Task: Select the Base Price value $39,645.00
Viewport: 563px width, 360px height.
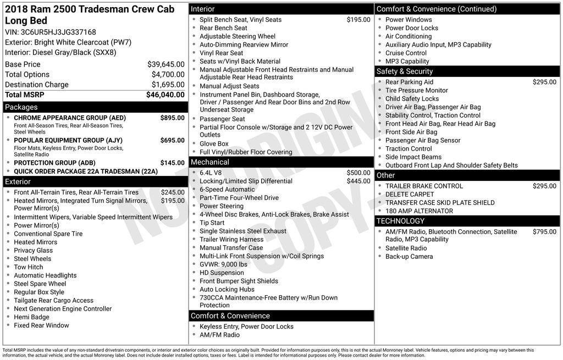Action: (165, 64)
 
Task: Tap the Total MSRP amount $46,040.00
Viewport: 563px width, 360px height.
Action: (165, 95)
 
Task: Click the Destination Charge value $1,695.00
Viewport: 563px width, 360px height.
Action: (168, 85)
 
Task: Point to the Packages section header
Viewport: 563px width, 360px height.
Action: (21, 107)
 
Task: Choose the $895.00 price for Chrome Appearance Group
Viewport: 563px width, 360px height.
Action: (172, 118)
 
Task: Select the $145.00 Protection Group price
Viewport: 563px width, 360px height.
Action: (172, 163)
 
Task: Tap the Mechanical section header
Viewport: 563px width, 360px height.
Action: (209, 162)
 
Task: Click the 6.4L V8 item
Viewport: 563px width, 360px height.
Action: (211, 173)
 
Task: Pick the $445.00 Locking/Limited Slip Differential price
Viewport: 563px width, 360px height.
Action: (358, 181)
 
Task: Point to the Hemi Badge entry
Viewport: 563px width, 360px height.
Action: (31, 317)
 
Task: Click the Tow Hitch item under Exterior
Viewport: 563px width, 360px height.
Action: (29, 267)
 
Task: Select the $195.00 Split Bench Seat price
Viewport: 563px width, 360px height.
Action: (358, 20)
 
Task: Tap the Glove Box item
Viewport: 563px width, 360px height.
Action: (214, 143)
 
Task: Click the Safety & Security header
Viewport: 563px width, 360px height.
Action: (405, 71)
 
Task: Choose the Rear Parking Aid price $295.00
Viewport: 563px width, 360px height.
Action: (544, 82)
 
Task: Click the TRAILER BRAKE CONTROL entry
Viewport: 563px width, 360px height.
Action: (424, 186)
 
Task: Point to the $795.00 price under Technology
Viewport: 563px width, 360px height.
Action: (544, 232)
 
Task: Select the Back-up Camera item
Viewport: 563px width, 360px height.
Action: (409, 257)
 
